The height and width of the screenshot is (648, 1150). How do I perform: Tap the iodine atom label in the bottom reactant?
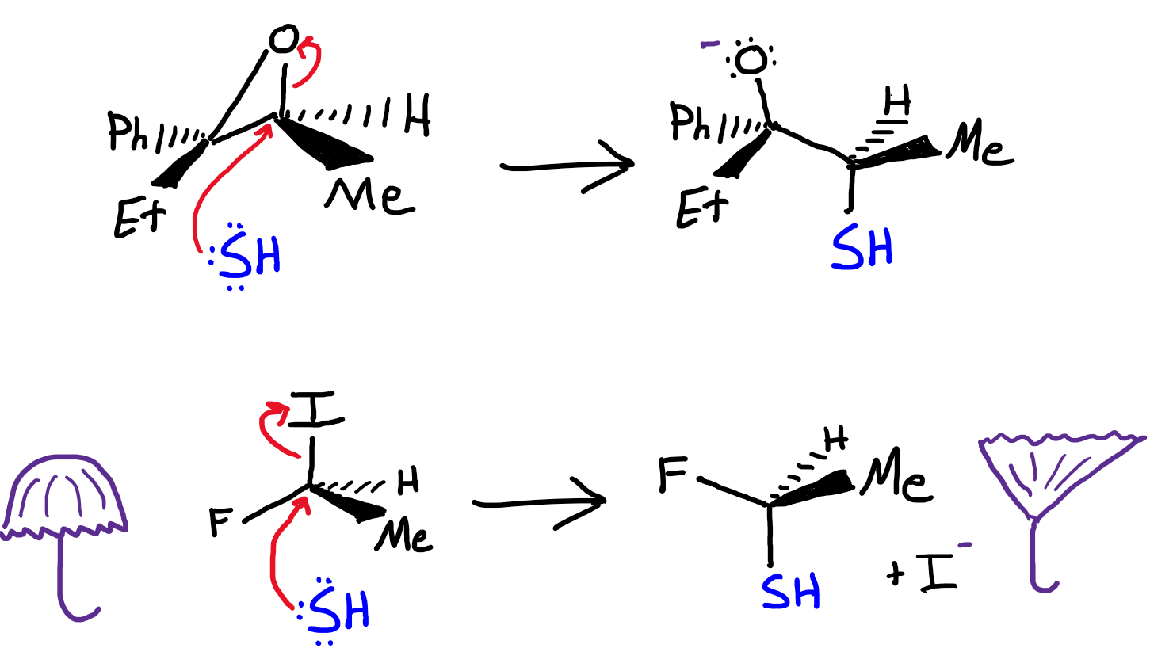coord(311,409)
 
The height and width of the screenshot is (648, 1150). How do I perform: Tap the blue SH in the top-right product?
coord(862,247)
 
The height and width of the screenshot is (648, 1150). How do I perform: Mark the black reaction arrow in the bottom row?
coord(539,504)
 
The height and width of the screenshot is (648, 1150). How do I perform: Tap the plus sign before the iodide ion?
coord(898,577)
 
